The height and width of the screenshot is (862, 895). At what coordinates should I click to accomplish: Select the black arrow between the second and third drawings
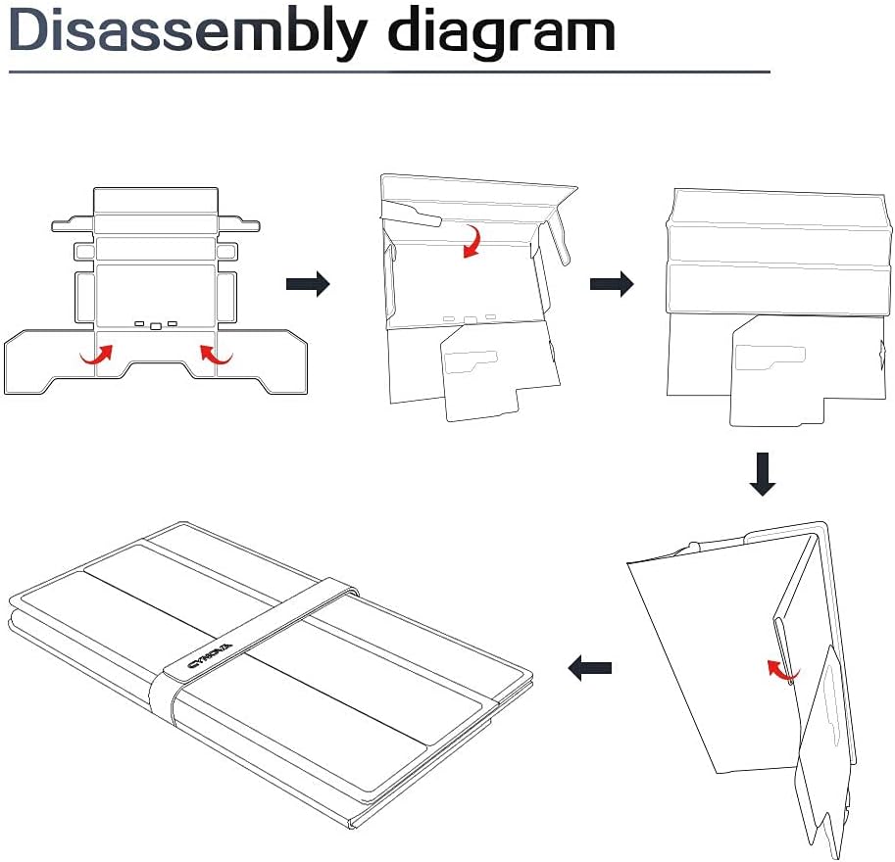pyautogui.click(x=612, y=284)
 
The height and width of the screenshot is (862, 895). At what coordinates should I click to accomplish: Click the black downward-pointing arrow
pyautogui.click(x=763, y=473)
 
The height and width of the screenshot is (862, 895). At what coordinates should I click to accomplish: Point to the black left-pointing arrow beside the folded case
pyautogui.click(x=590, y=669)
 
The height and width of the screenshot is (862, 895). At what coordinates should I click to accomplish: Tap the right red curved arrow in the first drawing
pyautogui.click(x=215, y=355)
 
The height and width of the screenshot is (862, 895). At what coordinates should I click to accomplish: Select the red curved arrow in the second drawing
pyautogui.click(x=472, y=241)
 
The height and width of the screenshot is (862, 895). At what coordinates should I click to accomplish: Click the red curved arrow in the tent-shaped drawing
pyautogui.click(x=782, y=671)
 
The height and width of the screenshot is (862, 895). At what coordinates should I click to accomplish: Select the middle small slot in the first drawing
pyautogui.click(x=156, y=324)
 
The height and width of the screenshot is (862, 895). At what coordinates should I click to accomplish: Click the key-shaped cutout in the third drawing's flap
pyautogui.click(x=770, y=359)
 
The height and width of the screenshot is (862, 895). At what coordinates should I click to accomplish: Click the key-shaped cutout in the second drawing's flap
pyautogui.click(x=468, y=362)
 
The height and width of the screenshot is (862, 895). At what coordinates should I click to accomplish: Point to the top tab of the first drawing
pyautogui.click(x=155, y=200)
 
